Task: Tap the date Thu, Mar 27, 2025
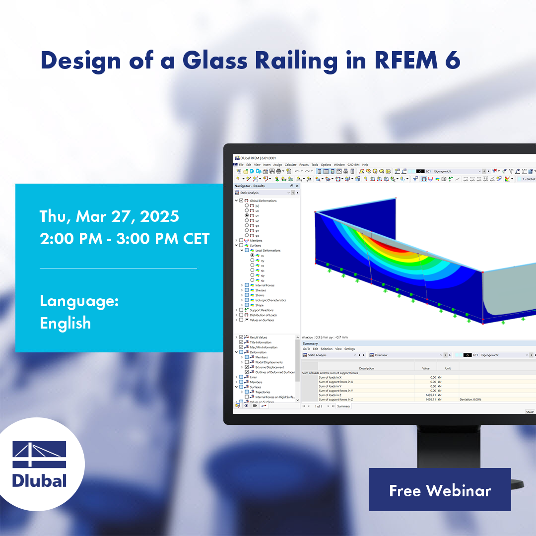click(109, 216)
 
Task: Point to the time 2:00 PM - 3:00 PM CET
click(125, 239)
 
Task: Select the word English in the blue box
click(65, 323)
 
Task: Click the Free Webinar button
click(440, 490)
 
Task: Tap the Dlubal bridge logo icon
click(39, 454)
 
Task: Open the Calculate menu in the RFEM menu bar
click(290, 164)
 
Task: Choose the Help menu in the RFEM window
click(365, 164)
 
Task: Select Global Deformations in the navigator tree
click(263, 201)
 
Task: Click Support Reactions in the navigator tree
click(262, 310)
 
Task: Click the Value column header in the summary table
click(425, 368)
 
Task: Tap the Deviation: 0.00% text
click(470, 400)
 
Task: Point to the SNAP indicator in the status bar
click(530, 412)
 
